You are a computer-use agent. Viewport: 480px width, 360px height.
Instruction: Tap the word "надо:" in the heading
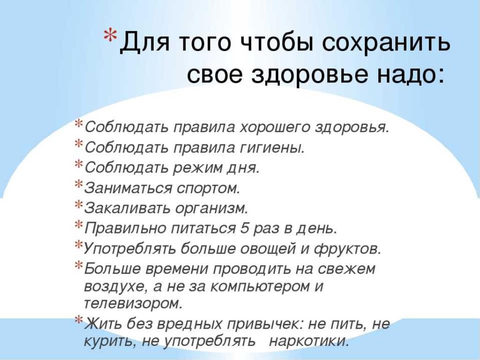tap(411, 74)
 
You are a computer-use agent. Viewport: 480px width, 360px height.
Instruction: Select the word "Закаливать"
tap(127, 208)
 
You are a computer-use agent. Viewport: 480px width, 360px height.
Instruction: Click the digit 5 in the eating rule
tap(244, 228)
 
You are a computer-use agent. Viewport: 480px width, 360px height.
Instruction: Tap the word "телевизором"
tap(133, 304)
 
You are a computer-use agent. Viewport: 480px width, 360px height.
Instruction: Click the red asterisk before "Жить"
tap(79, 320)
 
